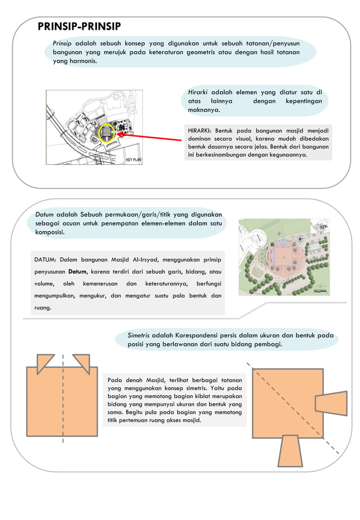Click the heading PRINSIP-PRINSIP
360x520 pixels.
78,28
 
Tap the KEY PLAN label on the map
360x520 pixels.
133,160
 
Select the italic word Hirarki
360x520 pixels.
198,92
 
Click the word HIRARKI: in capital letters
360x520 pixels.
200,131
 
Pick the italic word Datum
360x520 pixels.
45,214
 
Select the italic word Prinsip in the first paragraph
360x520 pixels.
63,43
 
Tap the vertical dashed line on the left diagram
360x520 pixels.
63,395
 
